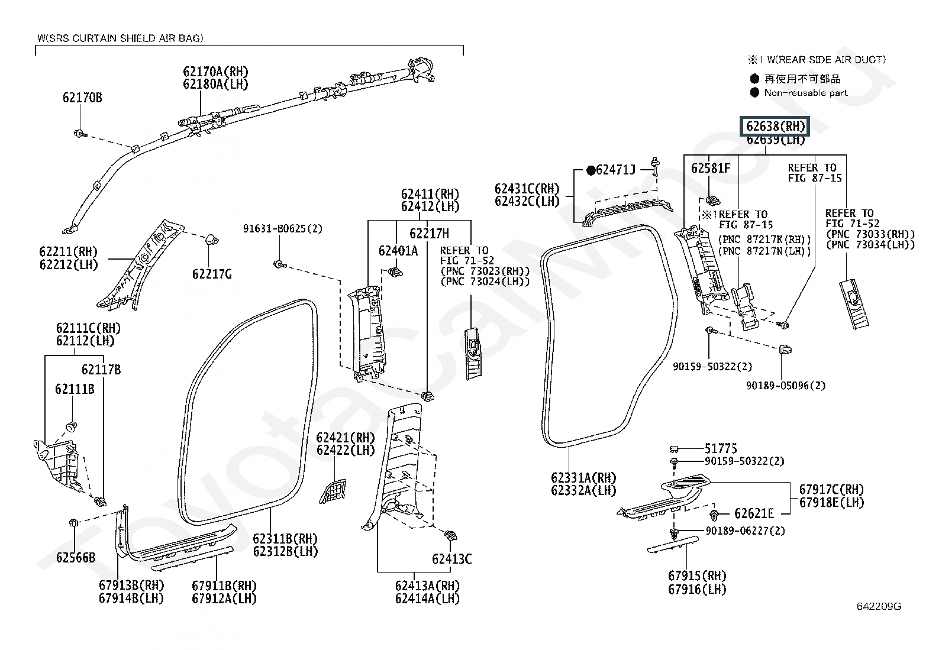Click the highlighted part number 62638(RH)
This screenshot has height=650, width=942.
775,126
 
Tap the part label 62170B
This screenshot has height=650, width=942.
82,98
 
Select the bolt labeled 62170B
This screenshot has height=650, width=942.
80,134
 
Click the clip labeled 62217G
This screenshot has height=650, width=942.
212,240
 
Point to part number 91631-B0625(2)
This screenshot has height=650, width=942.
283,229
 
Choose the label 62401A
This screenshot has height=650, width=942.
398,251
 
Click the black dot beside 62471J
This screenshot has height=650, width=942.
591,170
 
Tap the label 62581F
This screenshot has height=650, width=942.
711,168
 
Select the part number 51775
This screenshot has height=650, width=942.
721,448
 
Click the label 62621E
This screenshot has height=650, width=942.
754,513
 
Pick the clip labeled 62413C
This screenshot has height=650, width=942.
451,535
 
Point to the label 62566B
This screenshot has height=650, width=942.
76,558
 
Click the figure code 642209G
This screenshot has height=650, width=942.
879,606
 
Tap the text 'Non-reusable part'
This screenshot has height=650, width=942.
806,93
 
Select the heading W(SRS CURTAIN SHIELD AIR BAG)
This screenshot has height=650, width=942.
120,38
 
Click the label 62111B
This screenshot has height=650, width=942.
75,389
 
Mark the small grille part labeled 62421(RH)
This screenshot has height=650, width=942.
333,491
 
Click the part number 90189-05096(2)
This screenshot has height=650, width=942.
786,386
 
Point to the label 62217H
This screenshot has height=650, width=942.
430,234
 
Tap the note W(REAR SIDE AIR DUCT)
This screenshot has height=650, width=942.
827,60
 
